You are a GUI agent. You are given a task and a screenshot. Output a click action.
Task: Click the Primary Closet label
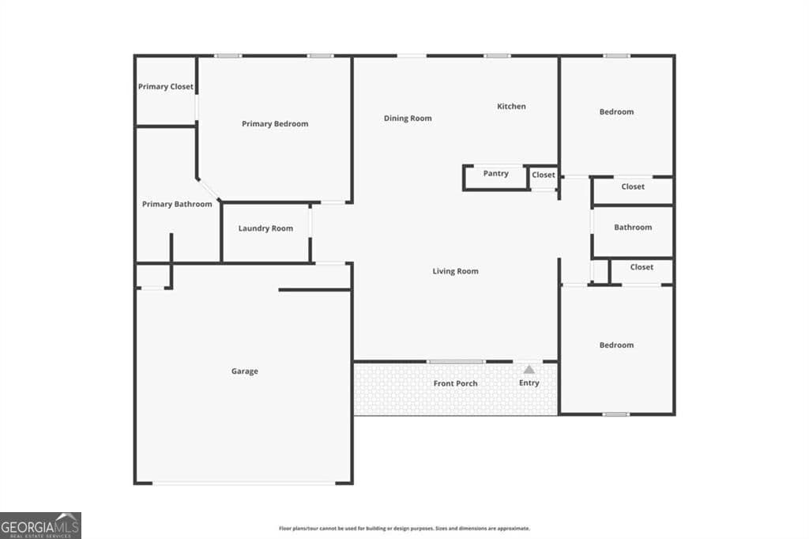click(x=165, y=87)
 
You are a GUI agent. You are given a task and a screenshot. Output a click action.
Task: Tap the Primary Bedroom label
click(x=275, y=124)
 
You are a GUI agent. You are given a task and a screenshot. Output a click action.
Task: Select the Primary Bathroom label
click(x=177, y=205)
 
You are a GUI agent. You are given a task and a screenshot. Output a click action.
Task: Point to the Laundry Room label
click(x=265, y=228)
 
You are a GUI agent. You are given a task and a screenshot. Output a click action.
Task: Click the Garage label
click(x=244, y=371)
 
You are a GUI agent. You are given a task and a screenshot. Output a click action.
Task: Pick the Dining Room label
click(x=408, y=119)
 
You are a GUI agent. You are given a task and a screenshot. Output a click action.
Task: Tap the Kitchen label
click(x=511, y=107)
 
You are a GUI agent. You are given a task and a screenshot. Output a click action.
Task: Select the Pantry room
click(x=495, y=174)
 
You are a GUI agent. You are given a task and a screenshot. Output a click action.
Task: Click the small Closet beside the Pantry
click(x=544, y=175)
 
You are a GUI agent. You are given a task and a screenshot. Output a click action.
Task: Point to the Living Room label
click(x=455, y=272)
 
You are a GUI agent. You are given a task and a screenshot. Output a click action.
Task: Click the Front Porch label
click(x=455, y=384)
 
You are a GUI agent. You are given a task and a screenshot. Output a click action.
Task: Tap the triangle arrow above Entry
click(x=529, y=369)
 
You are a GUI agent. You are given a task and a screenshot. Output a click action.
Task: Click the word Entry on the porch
click(x=529, y=383)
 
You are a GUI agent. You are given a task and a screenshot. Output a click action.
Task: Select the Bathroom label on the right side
click(x=633, y=228)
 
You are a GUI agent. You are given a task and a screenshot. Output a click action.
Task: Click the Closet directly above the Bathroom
click(x=633, y=187)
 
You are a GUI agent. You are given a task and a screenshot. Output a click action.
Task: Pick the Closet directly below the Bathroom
click(x=642, y=267)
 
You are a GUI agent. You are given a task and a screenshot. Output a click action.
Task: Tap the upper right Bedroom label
click(x=616, y=112)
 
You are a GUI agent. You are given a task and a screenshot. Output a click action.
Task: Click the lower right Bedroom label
click(x=616, y=345)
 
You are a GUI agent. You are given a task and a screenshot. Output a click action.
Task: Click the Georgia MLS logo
click(x=40, y=525)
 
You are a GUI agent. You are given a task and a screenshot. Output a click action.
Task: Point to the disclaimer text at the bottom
click(x=404, y=529)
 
